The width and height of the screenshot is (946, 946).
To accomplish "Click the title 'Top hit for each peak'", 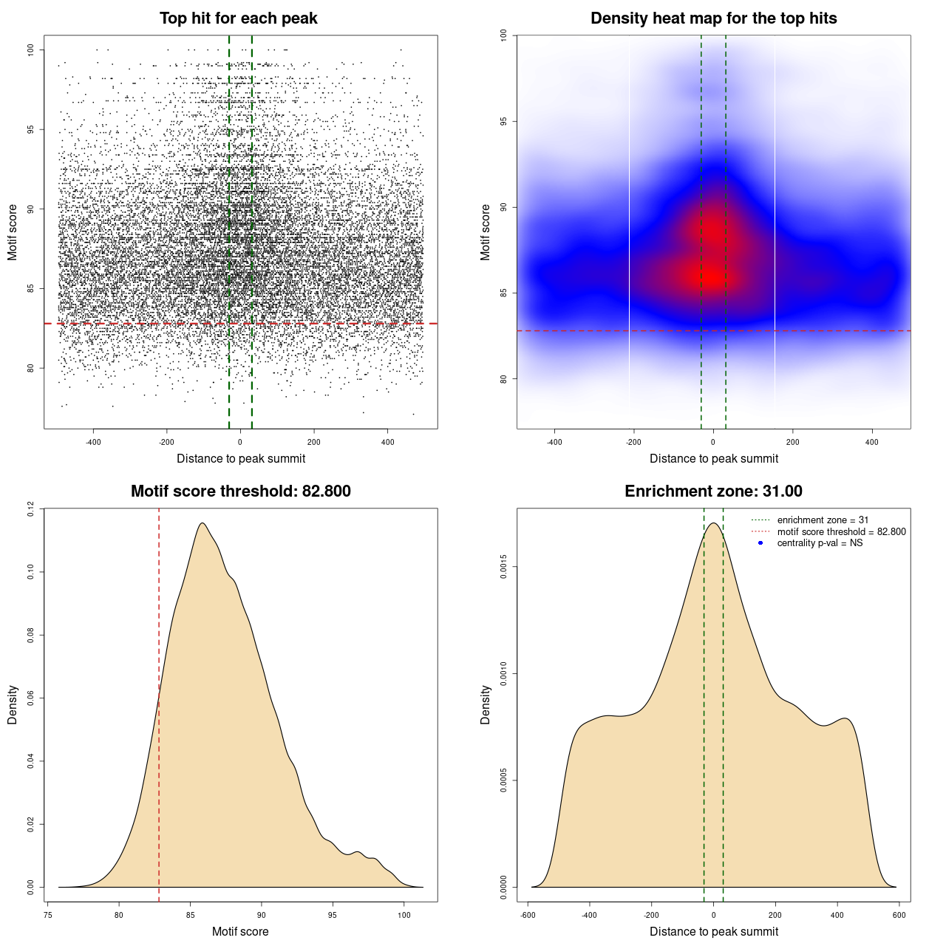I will (x=239, y=18).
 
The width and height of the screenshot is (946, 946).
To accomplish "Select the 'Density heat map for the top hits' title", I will (x=713, y=18).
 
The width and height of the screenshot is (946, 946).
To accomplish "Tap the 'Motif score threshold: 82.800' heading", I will (x=240, y=491).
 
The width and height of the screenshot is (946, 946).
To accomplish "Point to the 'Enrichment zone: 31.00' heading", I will (x=713, y=491).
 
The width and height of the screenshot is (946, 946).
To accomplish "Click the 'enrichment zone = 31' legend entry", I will (x=823, y=520).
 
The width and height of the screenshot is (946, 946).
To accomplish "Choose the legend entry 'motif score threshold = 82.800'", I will (x=841, y=531).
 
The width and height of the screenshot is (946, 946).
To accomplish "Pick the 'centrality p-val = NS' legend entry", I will (x=820, y=543).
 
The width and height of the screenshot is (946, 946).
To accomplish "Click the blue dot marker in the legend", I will (x=760, y=543).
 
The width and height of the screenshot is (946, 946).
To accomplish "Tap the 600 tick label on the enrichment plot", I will (x=899, y=915).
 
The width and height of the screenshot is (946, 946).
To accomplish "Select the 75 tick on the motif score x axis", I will (x=48, y=915).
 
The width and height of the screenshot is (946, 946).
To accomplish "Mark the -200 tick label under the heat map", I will (x=633, y=442).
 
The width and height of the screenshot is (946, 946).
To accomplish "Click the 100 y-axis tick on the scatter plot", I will (x=30, y=50).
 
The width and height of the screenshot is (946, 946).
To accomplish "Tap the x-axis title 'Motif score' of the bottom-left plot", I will (x=240, y=931).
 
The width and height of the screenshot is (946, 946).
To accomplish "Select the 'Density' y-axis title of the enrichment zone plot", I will (x=486, y=704).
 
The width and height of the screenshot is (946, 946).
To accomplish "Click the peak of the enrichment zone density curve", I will (x=713, y=523).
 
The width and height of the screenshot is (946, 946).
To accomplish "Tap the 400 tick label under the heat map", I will (x=872, y=442).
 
